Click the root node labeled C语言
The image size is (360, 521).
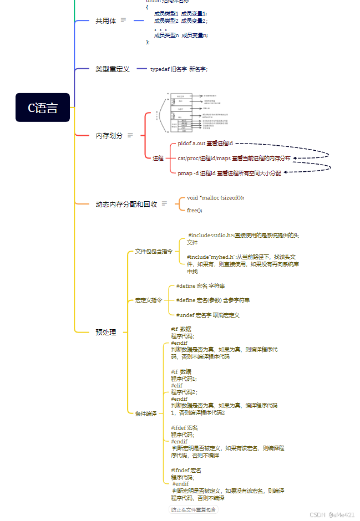tap(43, 108)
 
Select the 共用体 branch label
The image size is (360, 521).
tap(106, 21)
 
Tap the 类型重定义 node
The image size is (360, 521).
tap(112, 69)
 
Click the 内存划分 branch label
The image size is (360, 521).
tap(109, 135)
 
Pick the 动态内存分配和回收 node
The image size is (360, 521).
tap(126, 204)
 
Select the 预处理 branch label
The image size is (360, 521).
tap(106, 333)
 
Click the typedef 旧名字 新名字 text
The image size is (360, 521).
tap(179, 69)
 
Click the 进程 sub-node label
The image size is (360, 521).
tap(158, 158)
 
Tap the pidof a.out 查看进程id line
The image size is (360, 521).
tap(205, 144)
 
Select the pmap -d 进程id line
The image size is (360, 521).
tap(229, 173)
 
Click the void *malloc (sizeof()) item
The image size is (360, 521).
tap(215, 198)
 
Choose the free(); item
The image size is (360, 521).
tap(195, 211)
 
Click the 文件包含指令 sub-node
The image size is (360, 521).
tap(154, 251)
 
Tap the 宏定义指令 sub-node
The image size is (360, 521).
tap(149, 300)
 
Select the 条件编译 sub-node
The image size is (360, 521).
tap(146, 413)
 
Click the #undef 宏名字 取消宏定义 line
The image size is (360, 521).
tap(207, 315)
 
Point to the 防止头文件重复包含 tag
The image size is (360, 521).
tap(194, 510)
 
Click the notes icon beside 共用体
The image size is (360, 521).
tap(123, 21)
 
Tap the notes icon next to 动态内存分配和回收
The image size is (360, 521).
tap(164, 204)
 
